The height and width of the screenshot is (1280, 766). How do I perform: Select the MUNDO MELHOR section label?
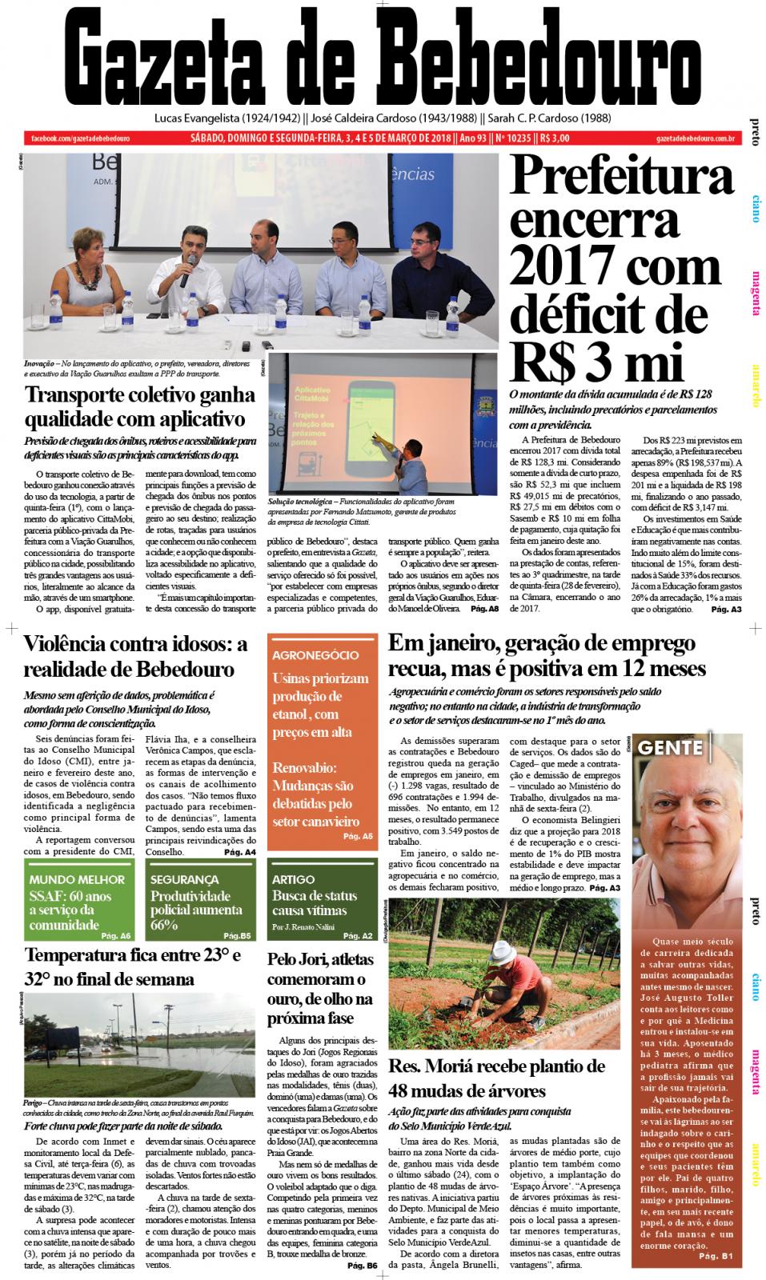pyautogui.click(x=77, y=879)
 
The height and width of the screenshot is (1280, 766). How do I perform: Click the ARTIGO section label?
pyautogui.click(x=293, y=879)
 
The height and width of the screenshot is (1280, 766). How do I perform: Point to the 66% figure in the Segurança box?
pyautogui.click(x=165, y=926)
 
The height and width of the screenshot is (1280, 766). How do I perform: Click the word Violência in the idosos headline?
pyautogui.click(x=75, y=645)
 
